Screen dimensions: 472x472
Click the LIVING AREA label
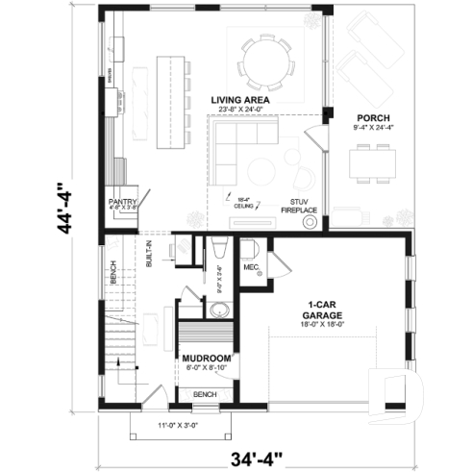pos(239,99)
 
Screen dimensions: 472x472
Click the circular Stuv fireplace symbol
pos(311,220)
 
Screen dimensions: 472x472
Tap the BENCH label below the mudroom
pos(204,394)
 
